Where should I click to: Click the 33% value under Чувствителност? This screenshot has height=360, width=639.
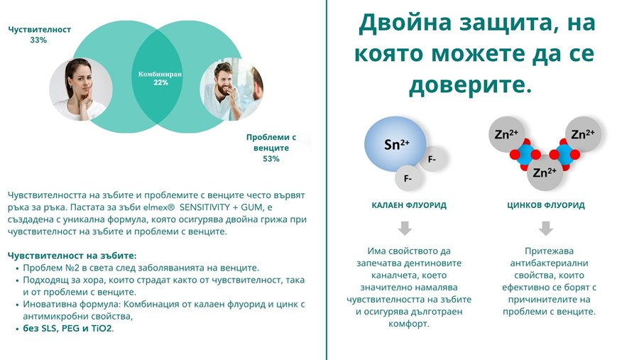pyautogui.click(x=38, y=40)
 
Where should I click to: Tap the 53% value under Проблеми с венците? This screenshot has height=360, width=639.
pyautogui.click(x=271, y=158)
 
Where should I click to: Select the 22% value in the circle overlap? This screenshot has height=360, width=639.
pyautogui.click(x=160, y=82)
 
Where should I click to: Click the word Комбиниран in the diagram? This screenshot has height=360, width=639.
pyautogui.click(x=160, y=75)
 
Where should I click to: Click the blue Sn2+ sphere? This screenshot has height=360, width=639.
pyautogui.click(x=395, y=144)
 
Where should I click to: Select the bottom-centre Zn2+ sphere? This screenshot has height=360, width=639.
pyautogui.click(x=545, y=173)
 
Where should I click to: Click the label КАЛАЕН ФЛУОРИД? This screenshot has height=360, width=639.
pyautogui.click(x=409, y=205)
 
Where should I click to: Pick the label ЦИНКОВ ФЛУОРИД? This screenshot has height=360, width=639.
pyautogui.click(x=546, y=205)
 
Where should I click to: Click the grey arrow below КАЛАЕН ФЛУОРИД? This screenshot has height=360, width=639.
pyautogui.click(x=405, y=229)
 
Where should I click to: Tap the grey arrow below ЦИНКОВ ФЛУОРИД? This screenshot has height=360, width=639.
pyautogui.click(x=546, y=229)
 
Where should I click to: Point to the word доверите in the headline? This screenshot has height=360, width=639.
pyautogui.click(x=470, y=85)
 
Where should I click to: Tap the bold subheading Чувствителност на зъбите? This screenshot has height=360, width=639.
pyautogui.click(x=72, y=256)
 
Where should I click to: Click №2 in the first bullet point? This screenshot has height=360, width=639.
pyautogui.click(x=69, y=268)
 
